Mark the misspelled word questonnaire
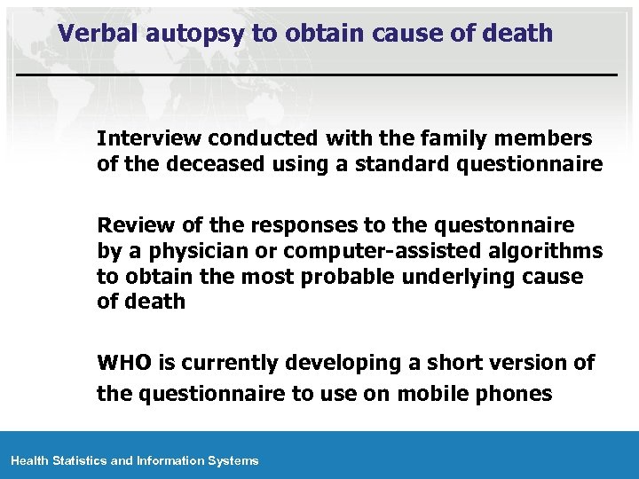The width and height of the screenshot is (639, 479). [x=498, y=222]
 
